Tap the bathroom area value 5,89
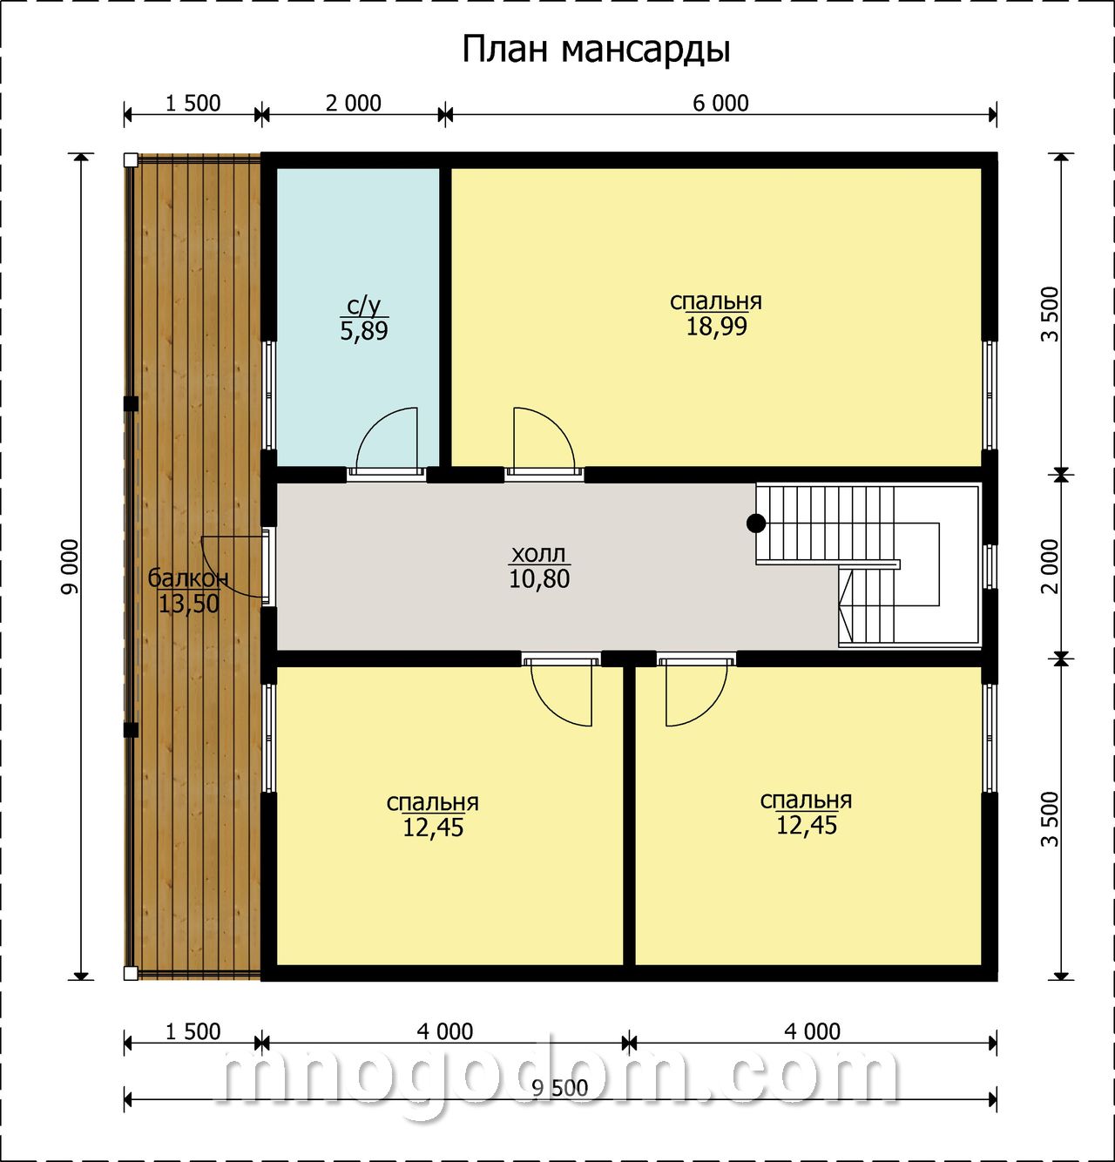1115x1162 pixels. click(364, 330)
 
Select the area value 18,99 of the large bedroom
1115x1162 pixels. click(716, 327)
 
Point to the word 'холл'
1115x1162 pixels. click(538, 554)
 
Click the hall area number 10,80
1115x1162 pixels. click(539, 578)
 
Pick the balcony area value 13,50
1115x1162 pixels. click(189, 604)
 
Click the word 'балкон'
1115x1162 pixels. click(188, 578)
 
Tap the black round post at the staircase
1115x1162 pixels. click(756, 524)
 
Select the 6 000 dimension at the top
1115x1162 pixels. click(720, 104)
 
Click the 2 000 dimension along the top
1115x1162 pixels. click(353, 104)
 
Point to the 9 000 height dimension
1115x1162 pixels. click(70, 567)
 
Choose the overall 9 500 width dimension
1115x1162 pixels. click(559, 1088)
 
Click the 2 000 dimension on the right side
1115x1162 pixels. click(1050, 567)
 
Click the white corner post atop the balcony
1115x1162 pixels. click(131, 160)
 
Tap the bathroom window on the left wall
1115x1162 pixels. click(269, 395)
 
